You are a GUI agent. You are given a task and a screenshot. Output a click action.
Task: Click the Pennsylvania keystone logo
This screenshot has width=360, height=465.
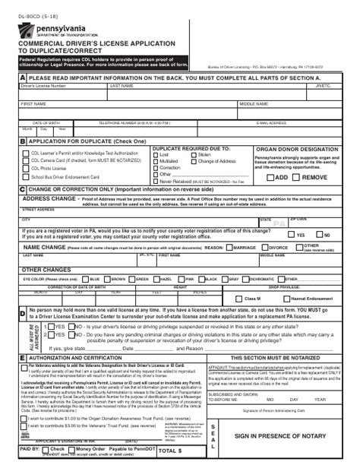pyautogui.click(x=27, y=30)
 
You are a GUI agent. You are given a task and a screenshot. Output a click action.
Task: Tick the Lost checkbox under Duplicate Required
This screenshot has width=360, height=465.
pyautogui.click(x=156, y=155)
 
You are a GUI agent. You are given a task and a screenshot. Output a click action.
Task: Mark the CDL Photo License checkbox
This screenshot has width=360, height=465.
pyautogui.click(x=25, y=169)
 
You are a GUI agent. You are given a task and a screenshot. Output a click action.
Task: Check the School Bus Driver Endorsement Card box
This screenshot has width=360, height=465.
pyautogui.click(x=25, y=177)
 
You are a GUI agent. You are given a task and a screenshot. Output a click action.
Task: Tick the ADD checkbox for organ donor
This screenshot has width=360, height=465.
pyautogui.click(x=270, y=177)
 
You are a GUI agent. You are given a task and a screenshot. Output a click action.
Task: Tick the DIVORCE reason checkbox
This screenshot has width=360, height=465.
pyautogui.click(x=264, y=248)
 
